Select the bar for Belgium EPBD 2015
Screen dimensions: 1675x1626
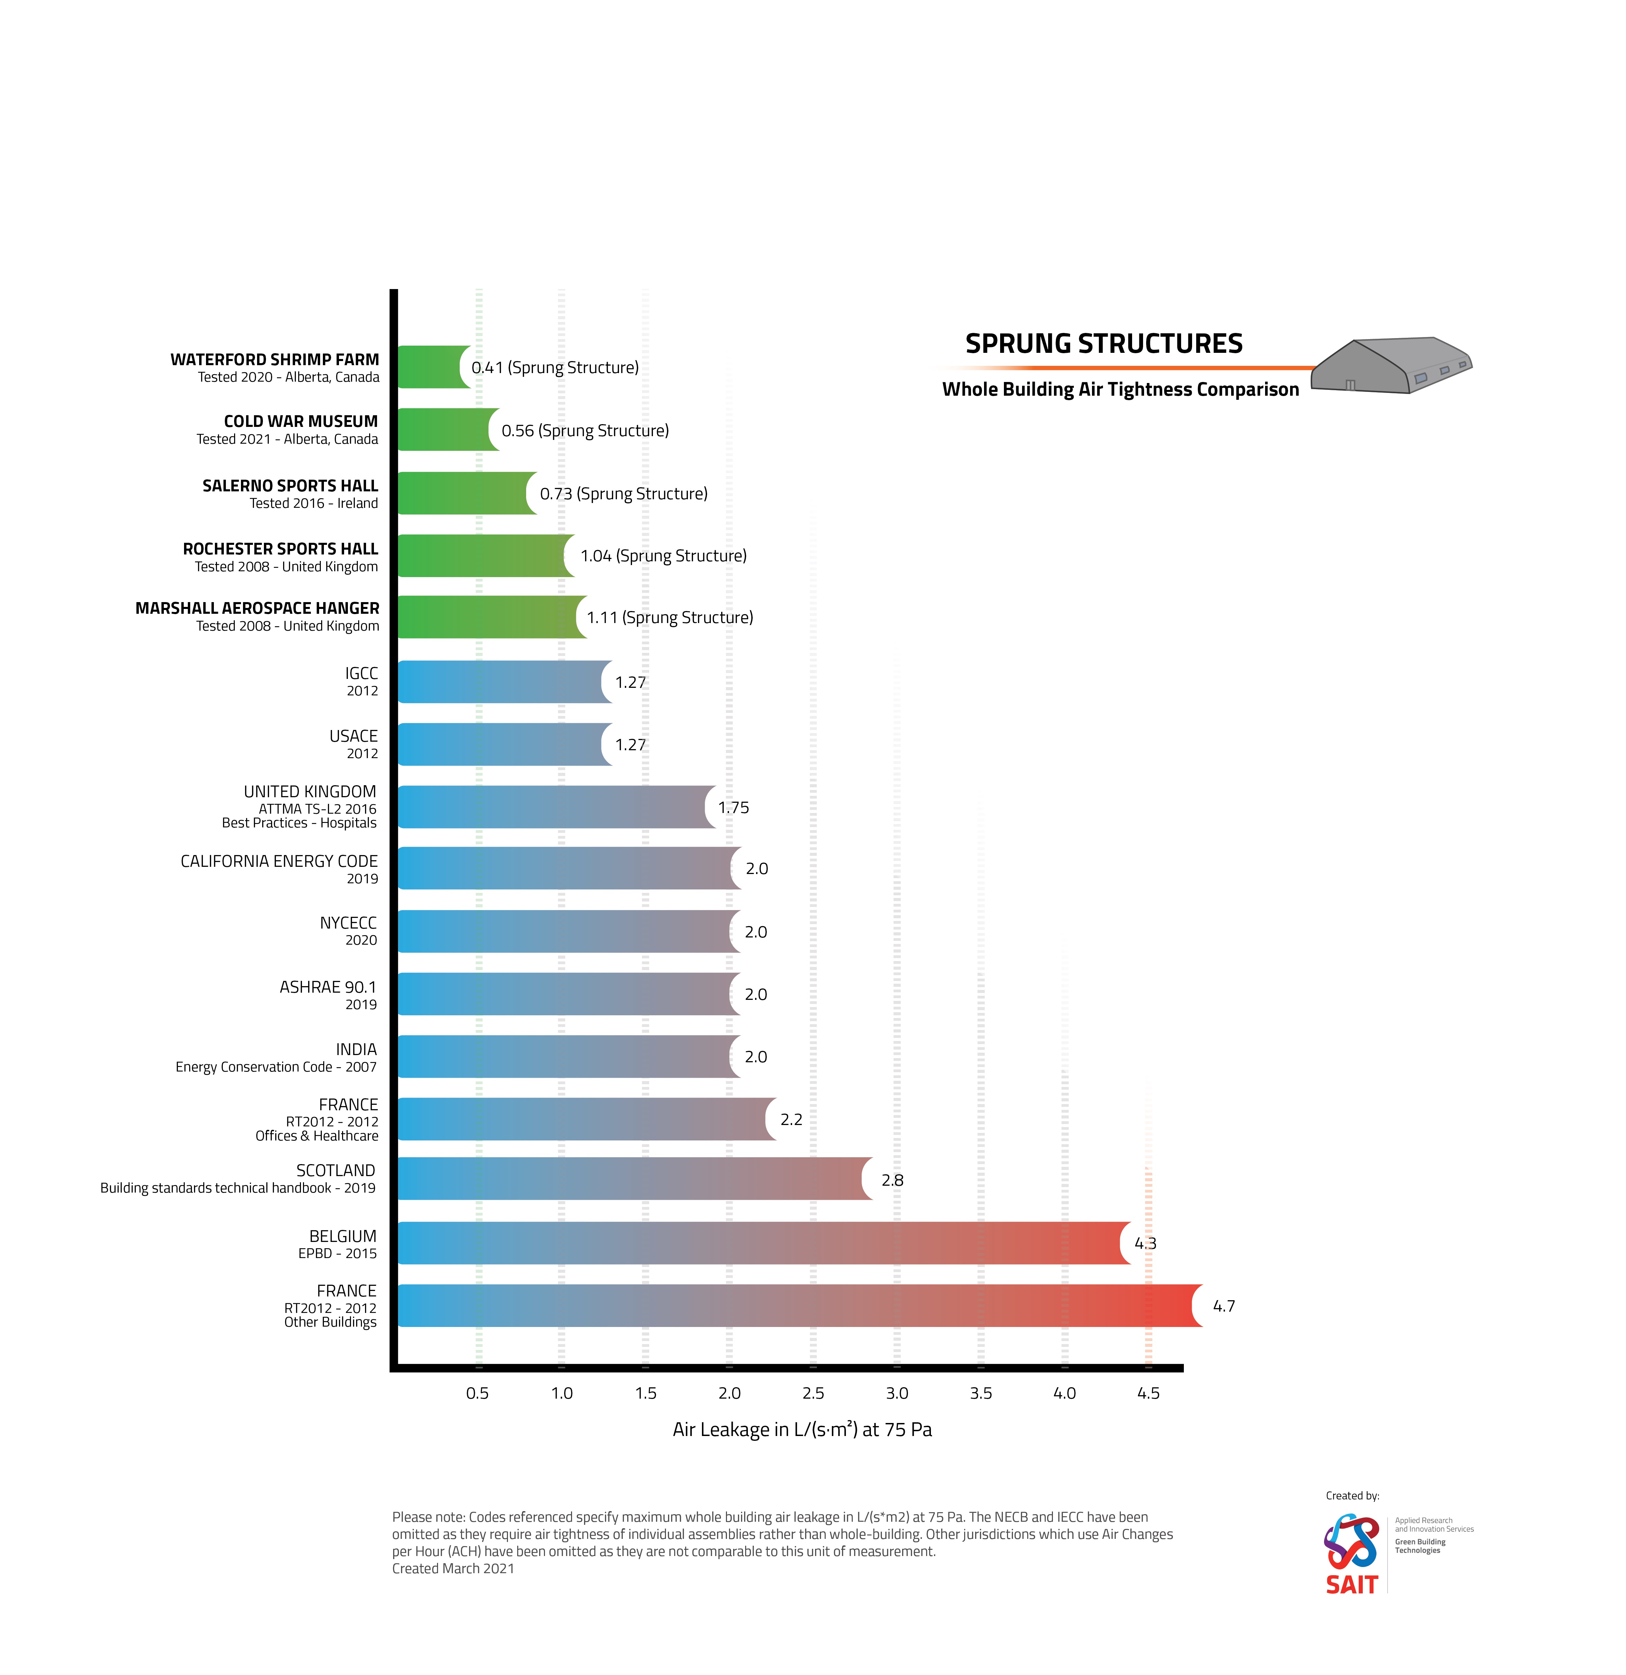(761, 1243)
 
